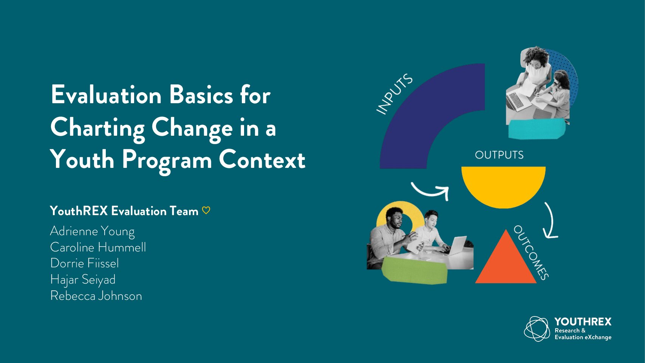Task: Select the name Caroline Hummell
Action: [x=98, y=247]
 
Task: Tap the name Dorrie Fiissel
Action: [x=84, y=263]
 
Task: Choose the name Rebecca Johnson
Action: [x=96, y=296]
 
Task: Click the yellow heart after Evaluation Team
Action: [x=206, y=211]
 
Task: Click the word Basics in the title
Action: [x=201, y=95]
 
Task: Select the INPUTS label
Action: [x=395, y=94]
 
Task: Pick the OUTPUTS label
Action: [x=499, y=155]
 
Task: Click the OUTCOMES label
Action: [x=531, y=253]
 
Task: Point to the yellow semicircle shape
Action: [x=503, y=185]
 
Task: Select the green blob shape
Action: [x=415, y=270]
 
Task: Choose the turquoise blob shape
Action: [x=537, y=129]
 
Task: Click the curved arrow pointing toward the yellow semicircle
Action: [x=429, y=193]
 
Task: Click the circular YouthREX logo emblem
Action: [x=537, y=329]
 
